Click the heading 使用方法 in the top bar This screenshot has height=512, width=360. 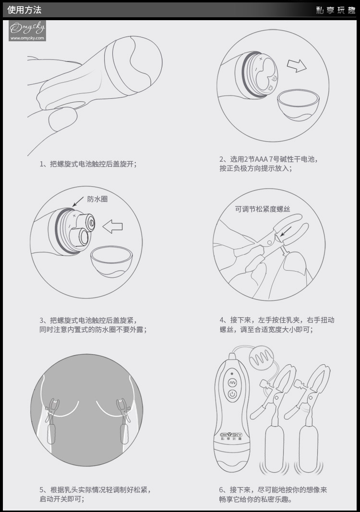coord(24,10)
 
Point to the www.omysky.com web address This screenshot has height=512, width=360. coord(27,38)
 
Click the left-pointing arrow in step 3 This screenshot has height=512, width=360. coord(113,226)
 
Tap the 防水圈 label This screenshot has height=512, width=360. coord(97,199)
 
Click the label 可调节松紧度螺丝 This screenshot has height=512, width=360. coord(263,209)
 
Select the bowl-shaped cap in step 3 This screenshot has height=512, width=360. coord(111,261)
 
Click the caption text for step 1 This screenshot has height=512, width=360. coord(88,164)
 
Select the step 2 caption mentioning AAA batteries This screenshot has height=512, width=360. coord(268,164)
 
